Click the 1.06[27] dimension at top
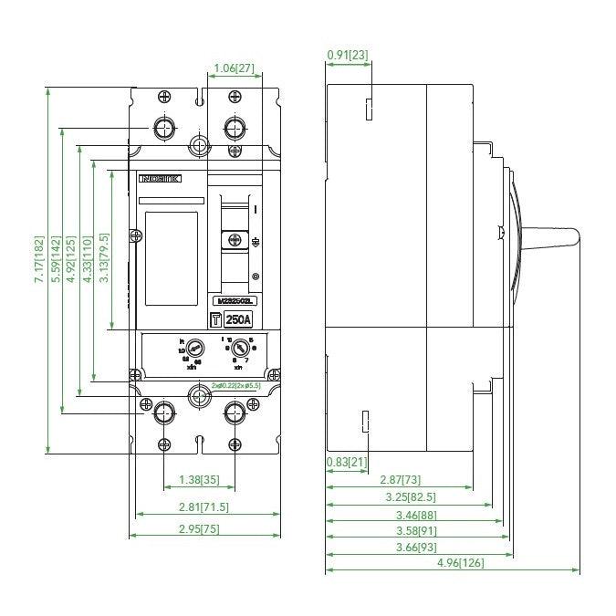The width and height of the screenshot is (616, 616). [x=232, y=68]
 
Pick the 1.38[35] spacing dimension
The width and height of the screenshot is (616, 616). [x=199, y=479]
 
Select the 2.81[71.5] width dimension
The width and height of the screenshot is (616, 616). [x=204, y=507]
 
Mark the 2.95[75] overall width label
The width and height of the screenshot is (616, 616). [x=204, y=528]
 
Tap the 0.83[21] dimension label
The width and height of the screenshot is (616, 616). [x=347, y=463]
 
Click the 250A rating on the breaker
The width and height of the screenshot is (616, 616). [x=239, y=319]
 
